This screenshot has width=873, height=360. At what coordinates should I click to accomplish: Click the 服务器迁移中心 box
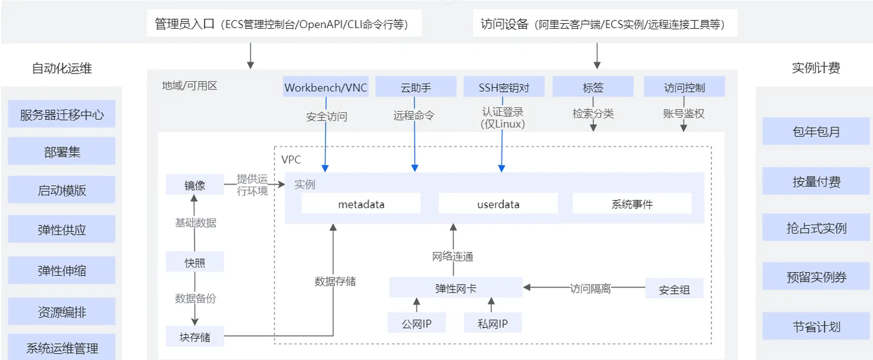coord(62,114)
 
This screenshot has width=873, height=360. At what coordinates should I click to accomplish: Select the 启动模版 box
coord(62,190)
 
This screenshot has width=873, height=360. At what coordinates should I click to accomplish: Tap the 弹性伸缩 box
coord(62,270)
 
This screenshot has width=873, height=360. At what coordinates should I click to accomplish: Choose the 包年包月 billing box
coord(816,132)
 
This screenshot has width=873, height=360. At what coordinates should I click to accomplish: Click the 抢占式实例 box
coord(816,228)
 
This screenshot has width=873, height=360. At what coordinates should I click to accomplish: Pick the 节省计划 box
coord(816,326)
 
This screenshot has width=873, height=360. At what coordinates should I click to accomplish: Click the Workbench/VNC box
coord(326,87)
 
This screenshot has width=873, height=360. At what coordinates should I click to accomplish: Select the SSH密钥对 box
coord(504,87)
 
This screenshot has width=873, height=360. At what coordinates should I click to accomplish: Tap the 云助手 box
coord(415,87)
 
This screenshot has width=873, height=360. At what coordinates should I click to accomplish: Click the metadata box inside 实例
coord(361,204)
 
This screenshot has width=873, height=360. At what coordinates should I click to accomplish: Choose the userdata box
coord(498,204)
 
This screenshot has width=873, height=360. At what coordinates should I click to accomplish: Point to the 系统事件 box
coord(632,204)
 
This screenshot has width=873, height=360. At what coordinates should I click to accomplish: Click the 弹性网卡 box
coord(456,288)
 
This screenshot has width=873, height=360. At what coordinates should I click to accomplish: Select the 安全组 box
coord(674,289)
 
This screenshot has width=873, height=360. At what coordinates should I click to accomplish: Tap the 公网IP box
coord(417,323)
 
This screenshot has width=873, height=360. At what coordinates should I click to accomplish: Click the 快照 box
coord(195,262)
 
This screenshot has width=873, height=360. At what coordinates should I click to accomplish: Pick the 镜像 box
coord(195,185)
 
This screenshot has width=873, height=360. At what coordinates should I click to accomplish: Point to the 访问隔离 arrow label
coord(590,289)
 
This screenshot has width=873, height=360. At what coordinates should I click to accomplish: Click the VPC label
coord(291,160)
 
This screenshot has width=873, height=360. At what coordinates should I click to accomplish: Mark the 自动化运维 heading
coord(62,69)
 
